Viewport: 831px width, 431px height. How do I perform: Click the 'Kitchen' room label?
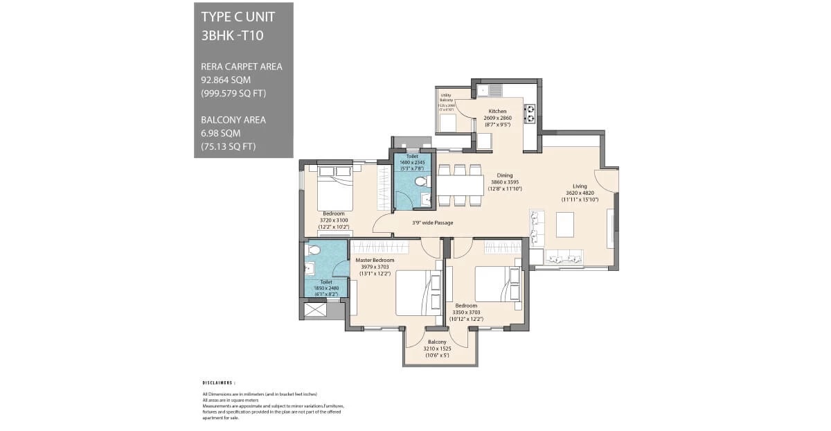pos(497,111)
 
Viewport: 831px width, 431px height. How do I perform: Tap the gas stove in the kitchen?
pos(530,113)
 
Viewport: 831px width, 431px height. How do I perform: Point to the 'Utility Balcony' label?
pos(446,98)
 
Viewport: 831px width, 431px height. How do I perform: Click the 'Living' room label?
pos(580,186)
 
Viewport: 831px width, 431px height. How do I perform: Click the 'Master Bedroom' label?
pos(375,260)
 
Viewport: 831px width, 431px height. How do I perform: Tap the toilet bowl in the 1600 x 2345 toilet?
pos(418,182)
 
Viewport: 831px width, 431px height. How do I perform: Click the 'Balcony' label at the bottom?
pos(437,342)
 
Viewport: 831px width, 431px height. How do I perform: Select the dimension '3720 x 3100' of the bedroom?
pos(334,220)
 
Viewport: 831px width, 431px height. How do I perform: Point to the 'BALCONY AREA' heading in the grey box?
pos(233,120)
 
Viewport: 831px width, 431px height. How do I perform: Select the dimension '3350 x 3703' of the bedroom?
pos(466,312)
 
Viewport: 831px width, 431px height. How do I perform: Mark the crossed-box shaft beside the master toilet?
pos(316,310)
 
